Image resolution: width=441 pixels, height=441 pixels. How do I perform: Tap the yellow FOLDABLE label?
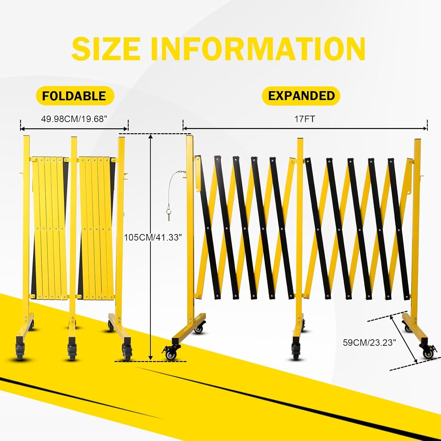click(75, 96)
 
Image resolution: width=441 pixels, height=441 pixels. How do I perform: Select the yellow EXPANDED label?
click(301, 96)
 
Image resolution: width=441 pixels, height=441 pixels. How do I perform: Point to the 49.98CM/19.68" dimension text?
click(74, 119)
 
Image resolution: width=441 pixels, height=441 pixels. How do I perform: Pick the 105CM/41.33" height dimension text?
click(153, 237)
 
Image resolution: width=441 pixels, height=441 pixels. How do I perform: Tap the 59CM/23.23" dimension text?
click(370, 343)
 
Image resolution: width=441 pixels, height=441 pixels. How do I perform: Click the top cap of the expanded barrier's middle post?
click(300, 139)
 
